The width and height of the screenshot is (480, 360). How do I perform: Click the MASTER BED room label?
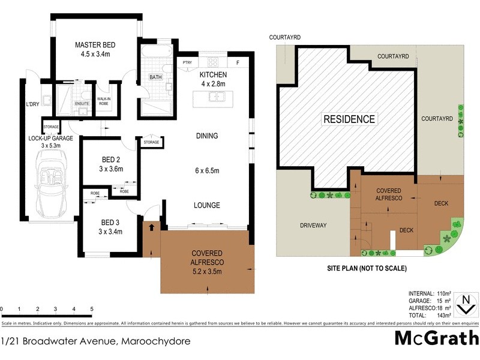pyautogui.click(x=95, y=45)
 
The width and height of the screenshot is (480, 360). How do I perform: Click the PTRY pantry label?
pyautogui.click(x=187, y=62)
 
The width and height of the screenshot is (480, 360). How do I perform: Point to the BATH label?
pyautogui.click(x=155, y=77)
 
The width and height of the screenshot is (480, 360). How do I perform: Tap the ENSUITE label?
pyautogui.click(x=82, y=104)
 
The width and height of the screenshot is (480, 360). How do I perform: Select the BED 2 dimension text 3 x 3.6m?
pyautogui.click(x=111, y=169)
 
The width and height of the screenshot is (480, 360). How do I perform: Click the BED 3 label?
pyautogui.click(x=111, y=220)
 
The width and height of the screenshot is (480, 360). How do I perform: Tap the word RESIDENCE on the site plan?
pyautogui.click(x=349, y=119)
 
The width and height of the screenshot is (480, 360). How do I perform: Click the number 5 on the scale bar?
pyautogui.click(x=92, y=310)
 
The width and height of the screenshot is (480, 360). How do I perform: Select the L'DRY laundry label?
pyautogui.click(x=32, y=105)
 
